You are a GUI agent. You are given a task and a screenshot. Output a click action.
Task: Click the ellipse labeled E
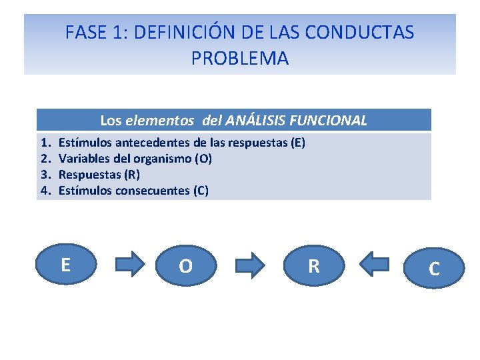pyautogui.click(x=65, y=265)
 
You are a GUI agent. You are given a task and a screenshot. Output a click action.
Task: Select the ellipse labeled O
pyautogui.click(x=186, y=266)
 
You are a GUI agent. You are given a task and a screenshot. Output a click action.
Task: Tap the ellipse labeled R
pyautogui.click(x=313, y=266)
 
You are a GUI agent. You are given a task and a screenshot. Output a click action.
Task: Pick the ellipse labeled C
pyautogui.click(x=434, y=268)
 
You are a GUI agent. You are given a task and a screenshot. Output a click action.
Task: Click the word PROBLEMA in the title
pyautogui.click(x=240, y=59)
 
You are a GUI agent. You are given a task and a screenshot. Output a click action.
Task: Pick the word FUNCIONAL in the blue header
pyautogui.click(x=331, y=121)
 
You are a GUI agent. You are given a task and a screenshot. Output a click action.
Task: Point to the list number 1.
pyautogui.click(x=45, y=143)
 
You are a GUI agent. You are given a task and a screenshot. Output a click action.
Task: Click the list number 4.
pyautogui.click(x=45, y=191)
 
